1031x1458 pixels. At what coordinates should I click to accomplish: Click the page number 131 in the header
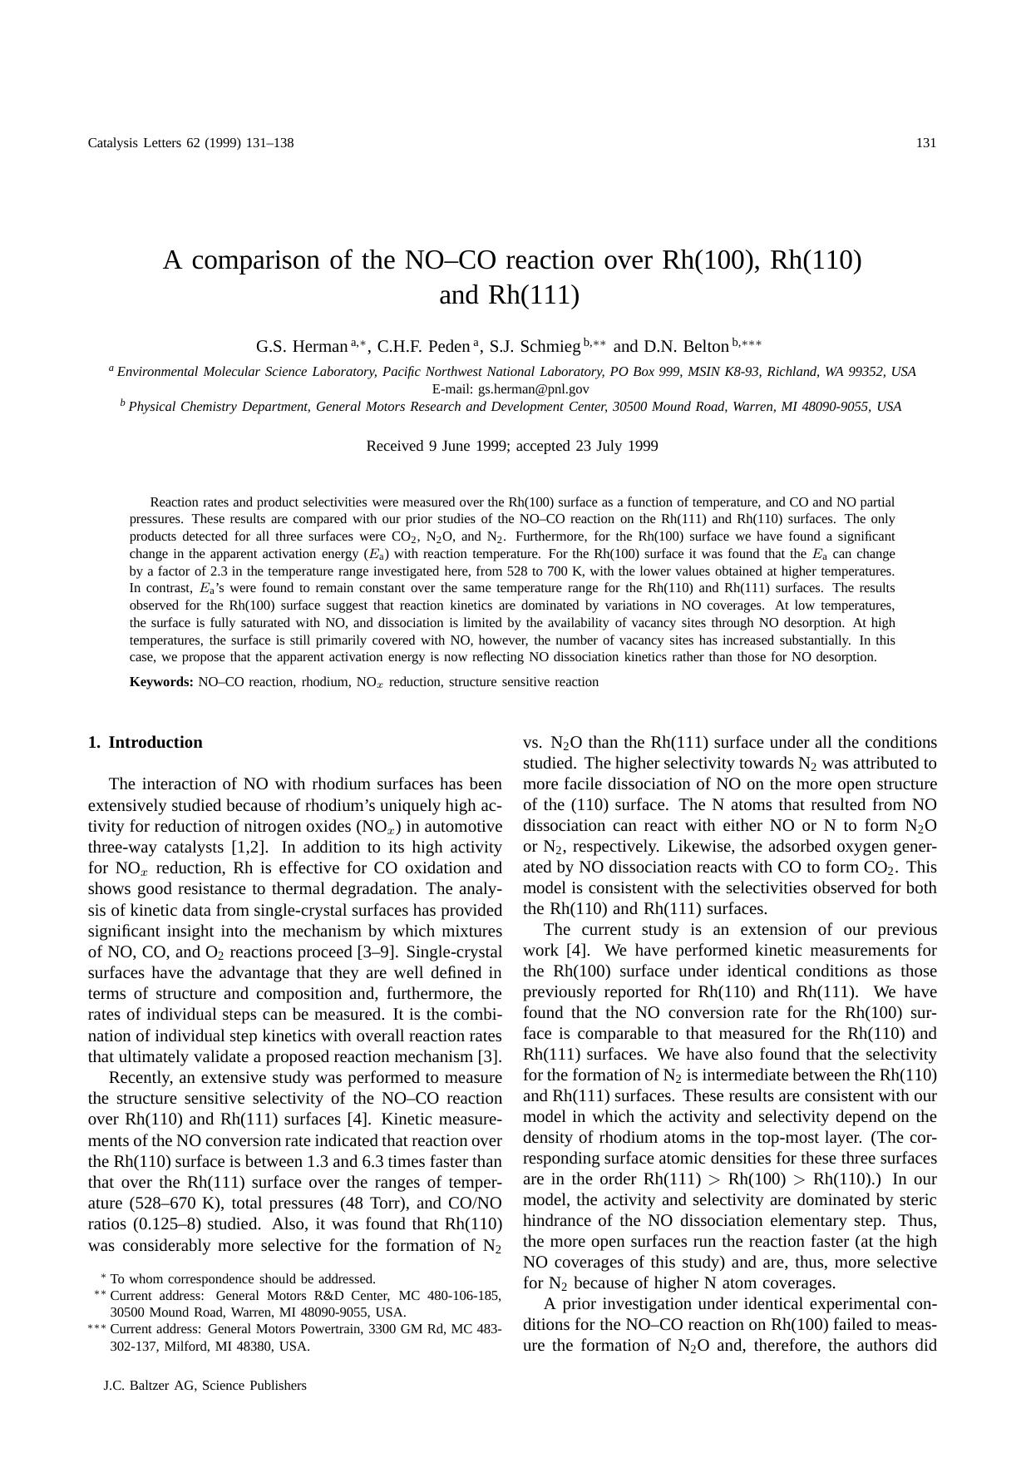925,142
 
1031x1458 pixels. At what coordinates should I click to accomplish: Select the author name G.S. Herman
301,346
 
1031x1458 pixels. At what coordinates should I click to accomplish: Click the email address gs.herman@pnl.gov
533,388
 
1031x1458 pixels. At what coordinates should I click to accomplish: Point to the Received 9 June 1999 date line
511,446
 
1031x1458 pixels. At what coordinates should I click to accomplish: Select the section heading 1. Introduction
146,742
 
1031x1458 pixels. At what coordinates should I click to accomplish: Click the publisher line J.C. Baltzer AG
205,1385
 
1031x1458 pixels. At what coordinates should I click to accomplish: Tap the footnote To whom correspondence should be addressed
242,1278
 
